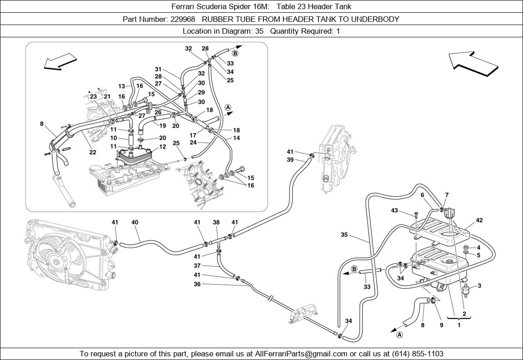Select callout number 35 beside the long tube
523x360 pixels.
[345, 235]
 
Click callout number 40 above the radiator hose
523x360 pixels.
[135, 223]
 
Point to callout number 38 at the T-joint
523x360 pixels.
[216, 223]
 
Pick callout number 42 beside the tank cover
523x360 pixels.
[479, 220]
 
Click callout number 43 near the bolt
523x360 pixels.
[395, 210]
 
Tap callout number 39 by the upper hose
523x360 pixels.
[290, 160]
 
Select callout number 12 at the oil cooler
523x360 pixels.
[162, 147]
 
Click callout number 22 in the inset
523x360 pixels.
[93, 152]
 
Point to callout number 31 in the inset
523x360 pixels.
[158, 69]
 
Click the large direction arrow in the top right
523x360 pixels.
[473, 64]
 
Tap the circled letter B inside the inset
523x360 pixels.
[235, 53]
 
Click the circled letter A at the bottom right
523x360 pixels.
[399, 335]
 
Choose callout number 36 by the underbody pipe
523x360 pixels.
[197, 284]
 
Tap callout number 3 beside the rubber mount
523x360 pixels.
[479, 285]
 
